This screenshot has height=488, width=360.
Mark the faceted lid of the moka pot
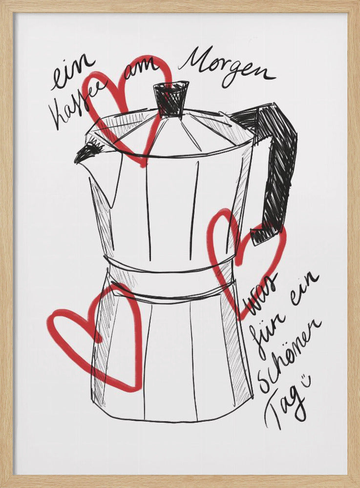pyautogui.click(x=171, y=134)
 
